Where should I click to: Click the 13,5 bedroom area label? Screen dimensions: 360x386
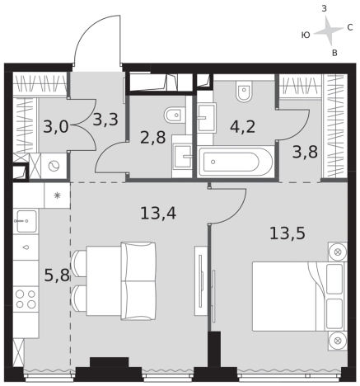tap(288, 233)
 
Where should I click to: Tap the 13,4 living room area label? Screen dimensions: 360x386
tap(158, 214)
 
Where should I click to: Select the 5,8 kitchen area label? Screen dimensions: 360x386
tap(57, 275)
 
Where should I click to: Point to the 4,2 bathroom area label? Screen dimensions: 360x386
tap(243, 127)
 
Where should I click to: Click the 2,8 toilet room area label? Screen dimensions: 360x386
tap(152, 138)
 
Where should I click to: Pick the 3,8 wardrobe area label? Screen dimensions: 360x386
tap(305, 152)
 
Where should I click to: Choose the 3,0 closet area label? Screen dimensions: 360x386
tap(56, 127)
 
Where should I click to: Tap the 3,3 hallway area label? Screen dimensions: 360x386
tap(105, 120)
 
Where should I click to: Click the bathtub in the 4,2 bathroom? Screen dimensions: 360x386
tap(235, 162)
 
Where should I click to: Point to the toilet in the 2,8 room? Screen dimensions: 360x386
tap(174, 115)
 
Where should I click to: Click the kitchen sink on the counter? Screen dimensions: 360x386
tap(26, 221)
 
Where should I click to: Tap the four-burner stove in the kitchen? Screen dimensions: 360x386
tap(26, 299)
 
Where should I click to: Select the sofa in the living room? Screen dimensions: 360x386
tap(138, 281)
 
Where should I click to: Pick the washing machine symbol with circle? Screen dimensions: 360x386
tap(54, 167)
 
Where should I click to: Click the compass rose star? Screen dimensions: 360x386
tap(328, 31)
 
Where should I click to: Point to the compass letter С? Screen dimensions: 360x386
tap(350, 27)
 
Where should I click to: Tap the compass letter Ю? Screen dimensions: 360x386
tap(306, 35)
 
